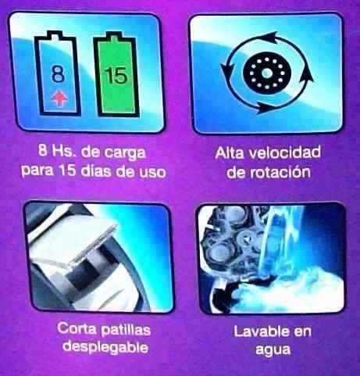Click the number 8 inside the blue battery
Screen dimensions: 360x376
[x=58, y=73]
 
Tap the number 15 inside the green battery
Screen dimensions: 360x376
[x=116, y=76]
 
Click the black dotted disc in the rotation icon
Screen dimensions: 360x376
[x=266, y=73]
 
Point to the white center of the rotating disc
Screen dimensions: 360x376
[x=266, y=73]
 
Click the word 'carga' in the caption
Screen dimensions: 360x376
[x=125, y=152]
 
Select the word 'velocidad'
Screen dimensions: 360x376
[x=285, y=152]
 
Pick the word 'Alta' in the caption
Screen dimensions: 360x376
[x=230, y=152]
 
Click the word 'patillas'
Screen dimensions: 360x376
[x=126, y=330]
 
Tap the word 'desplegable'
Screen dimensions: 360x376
[x=105, y=347]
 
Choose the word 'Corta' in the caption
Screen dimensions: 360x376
[x=77, y=328]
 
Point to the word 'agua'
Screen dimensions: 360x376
[x=273, y=349]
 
